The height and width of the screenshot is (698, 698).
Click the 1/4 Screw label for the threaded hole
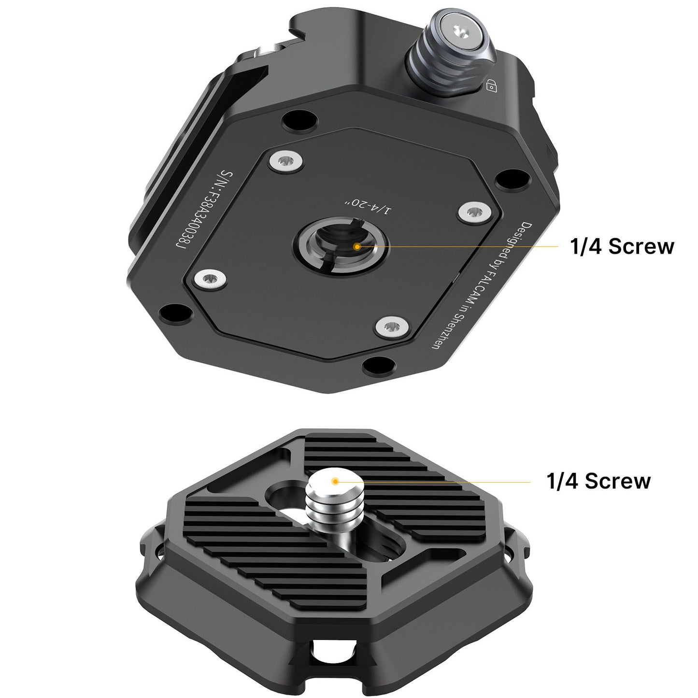tap(621, 246)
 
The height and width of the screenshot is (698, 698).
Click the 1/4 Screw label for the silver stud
tap(598, 481)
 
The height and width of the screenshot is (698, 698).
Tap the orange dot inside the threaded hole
tap(356, 246)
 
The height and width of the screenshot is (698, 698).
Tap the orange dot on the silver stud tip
tap(334, 481)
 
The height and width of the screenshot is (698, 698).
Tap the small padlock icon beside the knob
tap(491, 85)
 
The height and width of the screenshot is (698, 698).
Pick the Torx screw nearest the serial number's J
tap(211, 279)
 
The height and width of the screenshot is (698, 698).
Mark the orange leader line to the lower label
tap(435, 482)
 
